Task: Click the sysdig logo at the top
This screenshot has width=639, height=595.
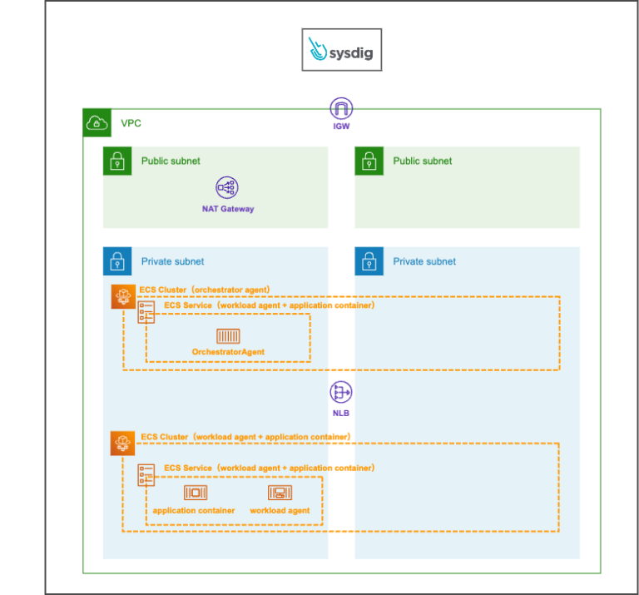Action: pos(342,49)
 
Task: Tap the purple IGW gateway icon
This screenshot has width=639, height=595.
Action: pos(341,108)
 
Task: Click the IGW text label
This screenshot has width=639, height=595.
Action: pos(341,127)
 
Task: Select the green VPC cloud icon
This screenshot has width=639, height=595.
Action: pos(97,123)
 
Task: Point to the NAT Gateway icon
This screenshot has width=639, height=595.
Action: pos(227,188)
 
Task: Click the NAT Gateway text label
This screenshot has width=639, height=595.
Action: pos(227,209)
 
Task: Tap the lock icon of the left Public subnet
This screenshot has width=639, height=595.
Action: pos(116,161)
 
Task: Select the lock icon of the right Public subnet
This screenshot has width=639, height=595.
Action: pos(369,161)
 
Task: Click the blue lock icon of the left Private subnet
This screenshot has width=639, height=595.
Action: pos(116,261)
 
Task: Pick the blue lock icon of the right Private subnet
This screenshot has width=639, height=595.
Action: pos(369,261)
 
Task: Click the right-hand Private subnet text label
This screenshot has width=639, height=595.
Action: pos(424,261)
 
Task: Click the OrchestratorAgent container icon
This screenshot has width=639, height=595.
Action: pos(228,335)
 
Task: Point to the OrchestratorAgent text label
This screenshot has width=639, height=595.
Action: pos(228,352)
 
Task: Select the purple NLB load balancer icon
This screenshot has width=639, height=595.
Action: pos(341,393)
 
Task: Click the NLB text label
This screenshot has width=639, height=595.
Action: pos(341,413)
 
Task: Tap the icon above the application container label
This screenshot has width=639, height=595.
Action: pos(196,493)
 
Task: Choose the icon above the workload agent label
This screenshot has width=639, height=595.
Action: pos(280,493)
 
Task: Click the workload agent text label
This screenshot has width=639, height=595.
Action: pos(280,510)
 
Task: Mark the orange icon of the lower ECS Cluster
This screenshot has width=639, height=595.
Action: pos(123,444)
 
